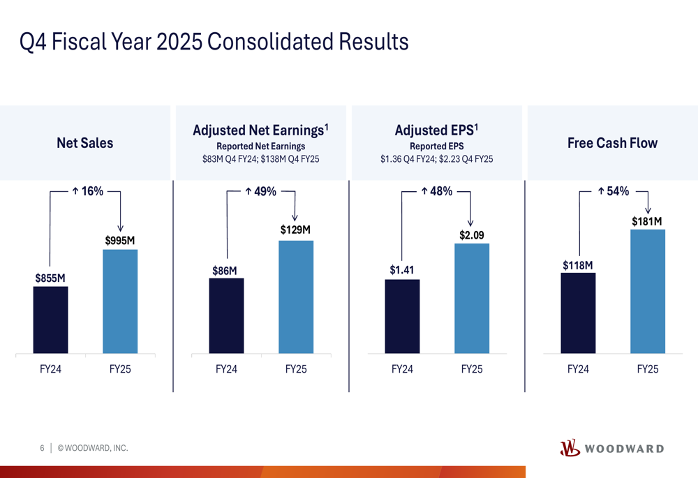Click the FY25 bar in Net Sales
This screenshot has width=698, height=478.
pos(120,301)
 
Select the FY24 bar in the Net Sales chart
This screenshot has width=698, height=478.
pos(50,320)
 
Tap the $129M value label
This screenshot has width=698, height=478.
pos(295,230)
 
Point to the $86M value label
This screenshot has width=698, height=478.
pos(225,271)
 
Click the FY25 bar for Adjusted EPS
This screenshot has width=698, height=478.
pos(472,298)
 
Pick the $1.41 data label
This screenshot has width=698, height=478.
pos(401,270)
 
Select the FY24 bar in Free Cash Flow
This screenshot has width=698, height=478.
pos(578,313)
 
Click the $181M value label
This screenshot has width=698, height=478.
pos(647,221)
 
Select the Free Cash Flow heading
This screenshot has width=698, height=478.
pos(612,143)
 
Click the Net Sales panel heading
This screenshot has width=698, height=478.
pos(84,143)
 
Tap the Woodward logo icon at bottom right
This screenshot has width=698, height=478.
pos(570,448)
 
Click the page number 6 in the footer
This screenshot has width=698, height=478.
pos(42,448)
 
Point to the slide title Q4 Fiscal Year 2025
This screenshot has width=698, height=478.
pos(214,42)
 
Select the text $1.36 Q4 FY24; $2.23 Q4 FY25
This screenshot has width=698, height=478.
pos(436,159)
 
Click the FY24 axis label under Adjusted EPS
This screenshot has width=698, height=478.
pos(401,369)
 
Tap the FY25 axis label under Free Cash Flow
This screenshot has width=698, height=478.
pos(647,369)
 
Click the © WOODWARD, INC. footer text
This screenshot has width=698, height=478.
pos(93,448)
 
